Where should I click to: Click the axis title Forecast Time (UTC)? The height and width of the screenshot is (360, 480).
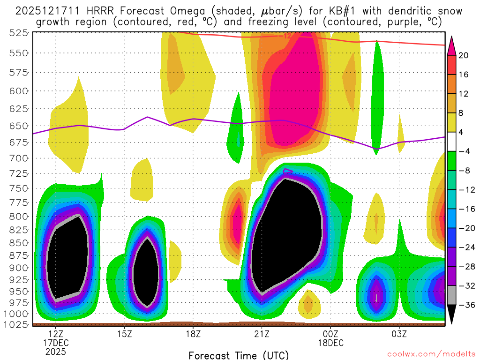point(239,355)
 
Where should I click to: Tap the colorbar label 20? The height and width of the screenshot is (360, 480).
point(464,55)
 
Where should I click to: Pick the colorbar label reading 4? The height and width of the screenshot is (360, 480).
point(464,132)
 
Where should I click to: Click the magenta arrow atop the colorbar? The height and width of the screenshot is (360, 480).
point(452,45)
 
